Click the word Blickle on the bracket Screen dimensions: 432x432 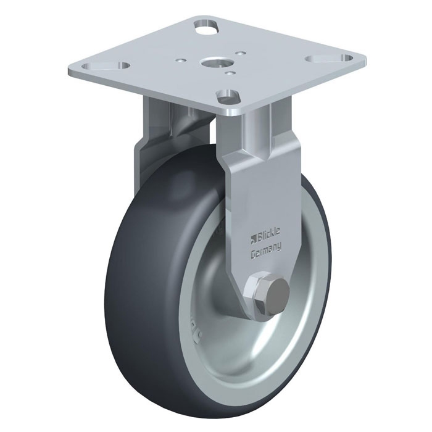(268, 232)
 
